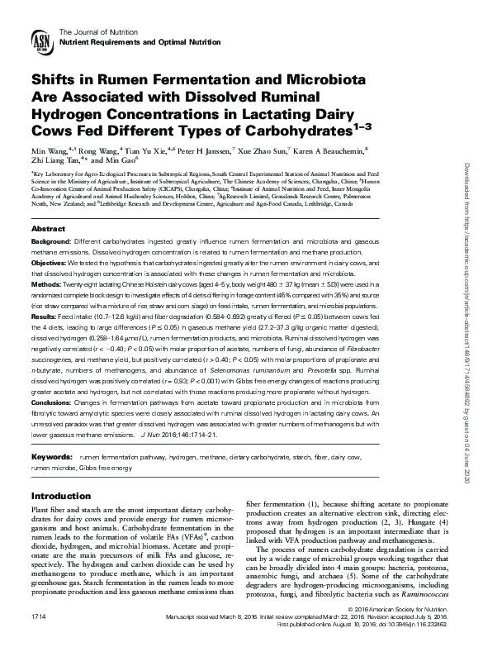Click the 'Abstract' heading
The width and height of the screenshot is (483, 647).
coord(48,228)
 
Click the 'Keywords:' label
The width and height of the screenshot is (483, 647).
coord(51,434)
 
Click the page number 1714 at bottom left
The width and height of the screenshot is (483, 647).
coord(38,617)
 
